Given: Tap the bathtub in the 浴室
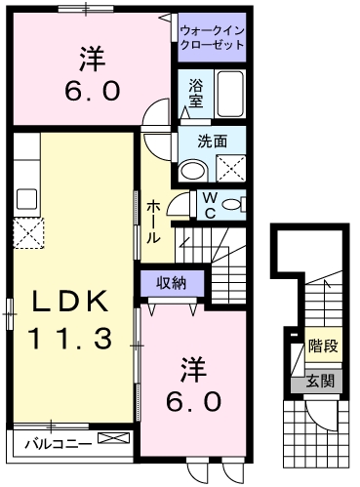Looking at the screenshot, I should coord(231,96).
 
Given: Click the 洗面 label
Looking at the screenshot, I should coord(213,141).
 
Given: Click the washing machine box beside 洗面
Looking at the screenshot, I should coord(229,169).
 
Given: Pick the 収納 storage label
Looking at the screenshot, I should coord(174,283).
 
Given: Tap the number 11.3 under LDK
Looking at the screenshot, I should coord(68,338).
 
